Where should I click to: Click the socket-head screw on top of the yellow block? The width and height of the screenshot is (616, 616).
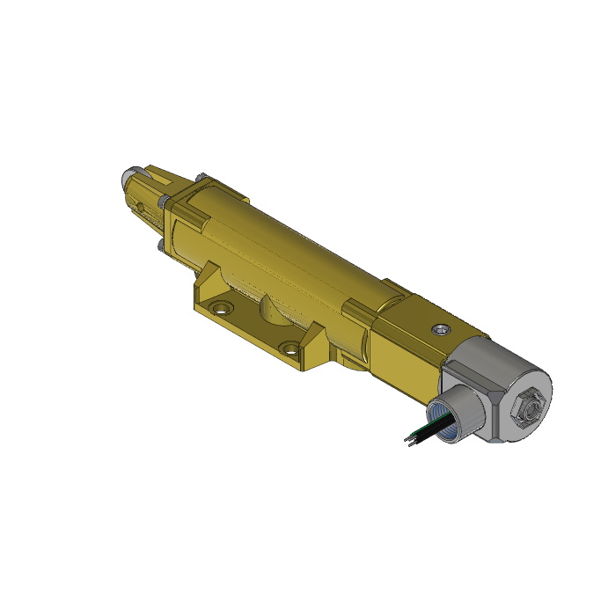point(441,328)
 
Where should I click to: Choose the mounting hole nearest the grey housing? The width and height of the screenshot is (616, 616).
point(290,346)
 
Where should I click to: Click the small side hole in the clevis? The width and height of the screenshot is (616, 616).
point(139,209)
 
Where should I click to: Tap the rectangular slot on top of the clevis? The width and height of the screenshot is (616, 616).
point(155,178)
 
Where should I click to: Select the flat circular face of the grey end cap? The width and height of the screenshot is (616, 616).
point(523,403)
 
